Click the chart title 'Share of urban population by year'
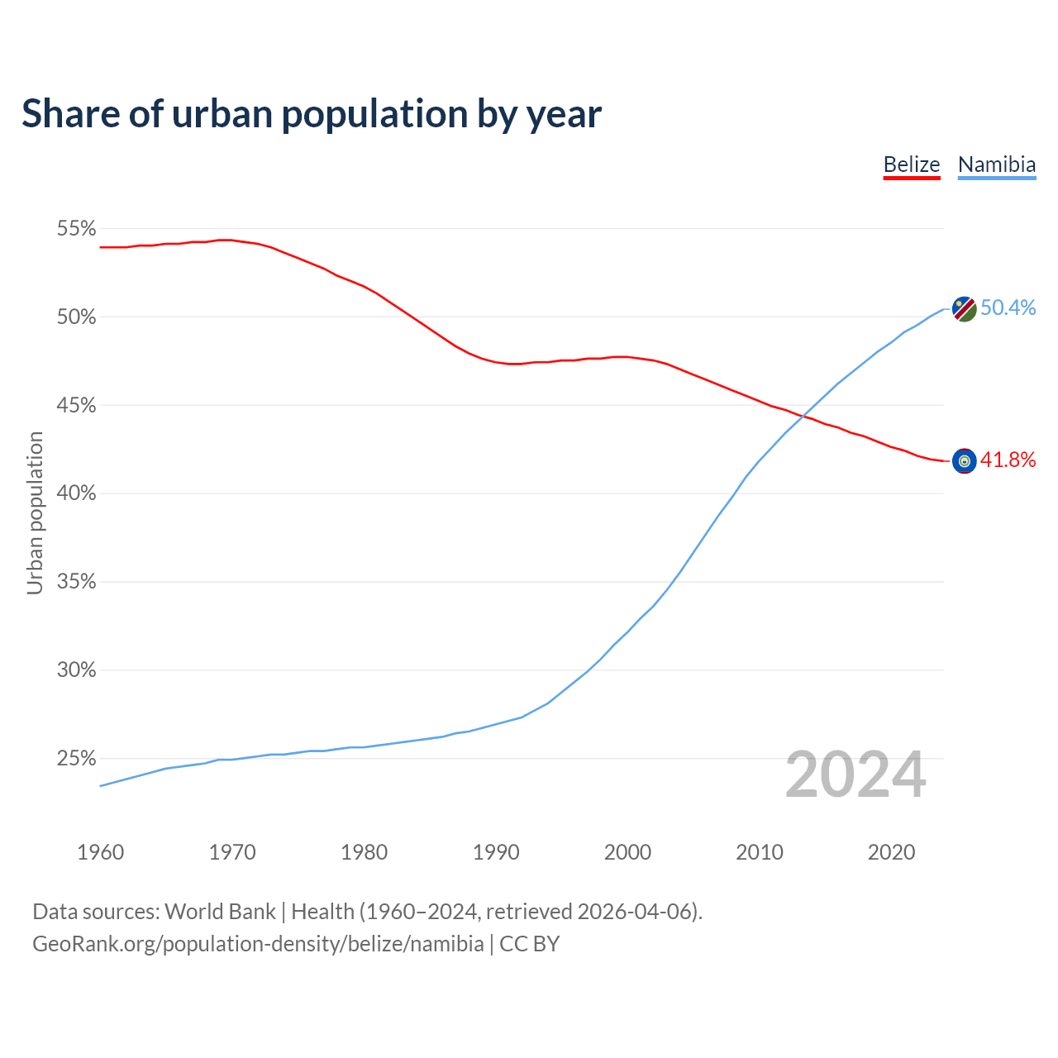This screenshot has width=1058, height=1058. (x=312, y=114)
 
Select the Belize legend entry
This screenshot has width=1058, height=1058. (x=912, y=164)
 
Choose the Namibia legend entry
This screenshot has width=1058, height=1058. (x=997, y=164)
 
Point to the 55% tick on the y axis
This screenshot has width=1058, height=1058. (x=76, y=229)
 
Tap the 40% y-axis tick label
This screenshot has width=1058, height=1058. (x=76, y=493)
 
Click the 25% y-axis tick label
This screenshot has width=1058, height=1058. (x=76, y=759)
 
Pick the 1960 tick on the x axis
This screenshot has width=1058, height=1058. (x=100, y=852)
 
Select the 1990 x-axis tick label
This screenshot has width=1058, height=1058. (x=496, y=852)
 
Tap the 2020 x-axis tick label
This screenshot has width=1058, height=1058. (x=891, y=852)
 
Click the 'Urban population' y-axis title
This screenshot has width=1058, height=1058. (x=35, y=512)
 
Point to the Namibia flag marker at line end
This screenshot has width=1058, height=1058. (x=964, y=309)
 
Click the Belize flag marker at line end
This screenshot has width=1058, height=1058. (x=964, y=461)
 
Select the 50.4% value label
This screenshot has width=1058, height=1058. (x=1008, y=308)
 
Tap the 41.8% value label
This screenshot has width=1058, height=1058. (x=1008, y=460)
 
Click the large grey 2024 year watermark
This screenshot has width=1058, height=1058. (x=855, y=775)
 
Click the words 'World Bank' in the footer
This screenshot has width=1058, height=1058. (x=220, y=912)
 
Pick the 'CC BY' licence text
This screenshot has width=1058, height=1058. (x=530, y=944)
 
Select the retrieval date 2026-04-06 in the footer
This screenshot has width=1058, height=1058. (x=636, y=912)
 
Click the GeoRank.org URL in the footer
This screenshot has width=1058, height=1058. (x=258, y=944)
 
